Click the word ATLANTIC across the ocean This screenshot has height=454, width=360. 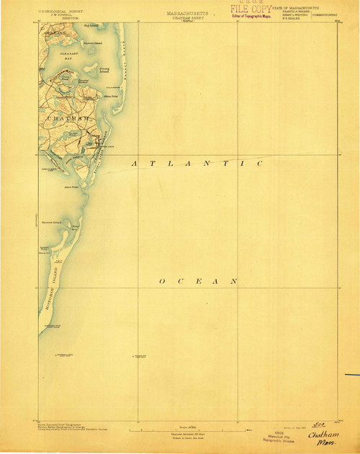[x=197, y=164]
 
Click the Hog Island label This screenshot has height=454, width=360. [x=89, y=27]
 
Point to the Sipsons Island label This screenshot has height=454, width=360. [x=93, y=43]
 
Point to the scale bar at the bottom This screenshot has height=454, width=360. [x=189, y=431]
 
